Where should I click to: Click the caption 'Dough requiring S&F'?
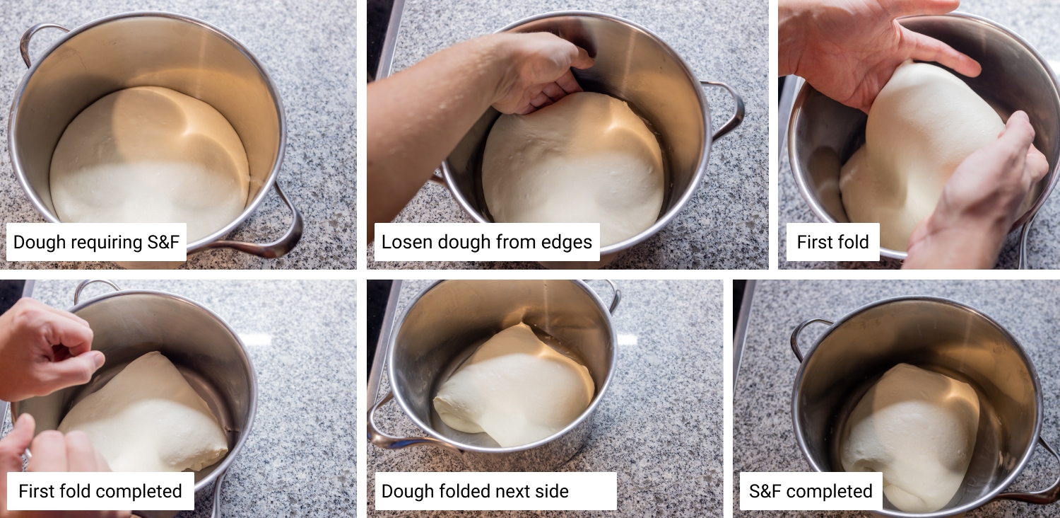coord(96,242)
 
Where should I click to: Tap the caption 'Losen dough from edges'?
coord(487,242)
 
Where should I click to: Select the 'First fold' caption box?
coord(833,242)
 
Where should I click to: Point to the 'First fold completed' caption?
coord(100,491)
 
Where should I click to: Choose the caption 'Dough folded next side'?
coord(495,491)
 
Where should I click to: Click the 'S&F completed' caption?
coord(811,491)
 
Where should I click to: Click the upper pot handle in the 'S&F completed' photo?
coord(807,336)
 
